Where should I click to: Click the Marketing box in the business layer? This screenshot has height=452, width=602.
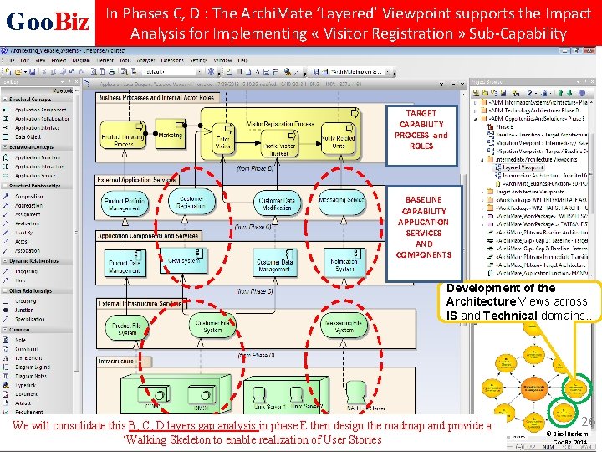(170, 136)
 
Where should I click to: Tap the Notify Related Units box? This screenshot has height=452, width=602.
(339, 140)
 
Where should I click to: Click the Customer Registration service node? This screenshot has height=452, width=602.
(191, 202)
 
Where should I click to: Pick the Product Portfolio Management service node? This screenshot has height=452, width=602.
(124, 203)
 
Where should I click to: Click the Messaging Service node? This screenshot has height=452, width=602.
(341, 202)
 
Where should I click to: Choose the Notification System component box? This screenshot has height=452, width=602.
(342, 265)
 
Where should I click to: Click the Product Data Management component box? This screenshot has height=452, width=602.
(124, 265)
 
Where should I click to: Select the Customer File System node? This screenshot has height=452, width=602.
(212, 326)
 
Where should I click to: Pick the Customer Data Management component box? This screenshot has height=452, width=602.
(275, 265)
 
